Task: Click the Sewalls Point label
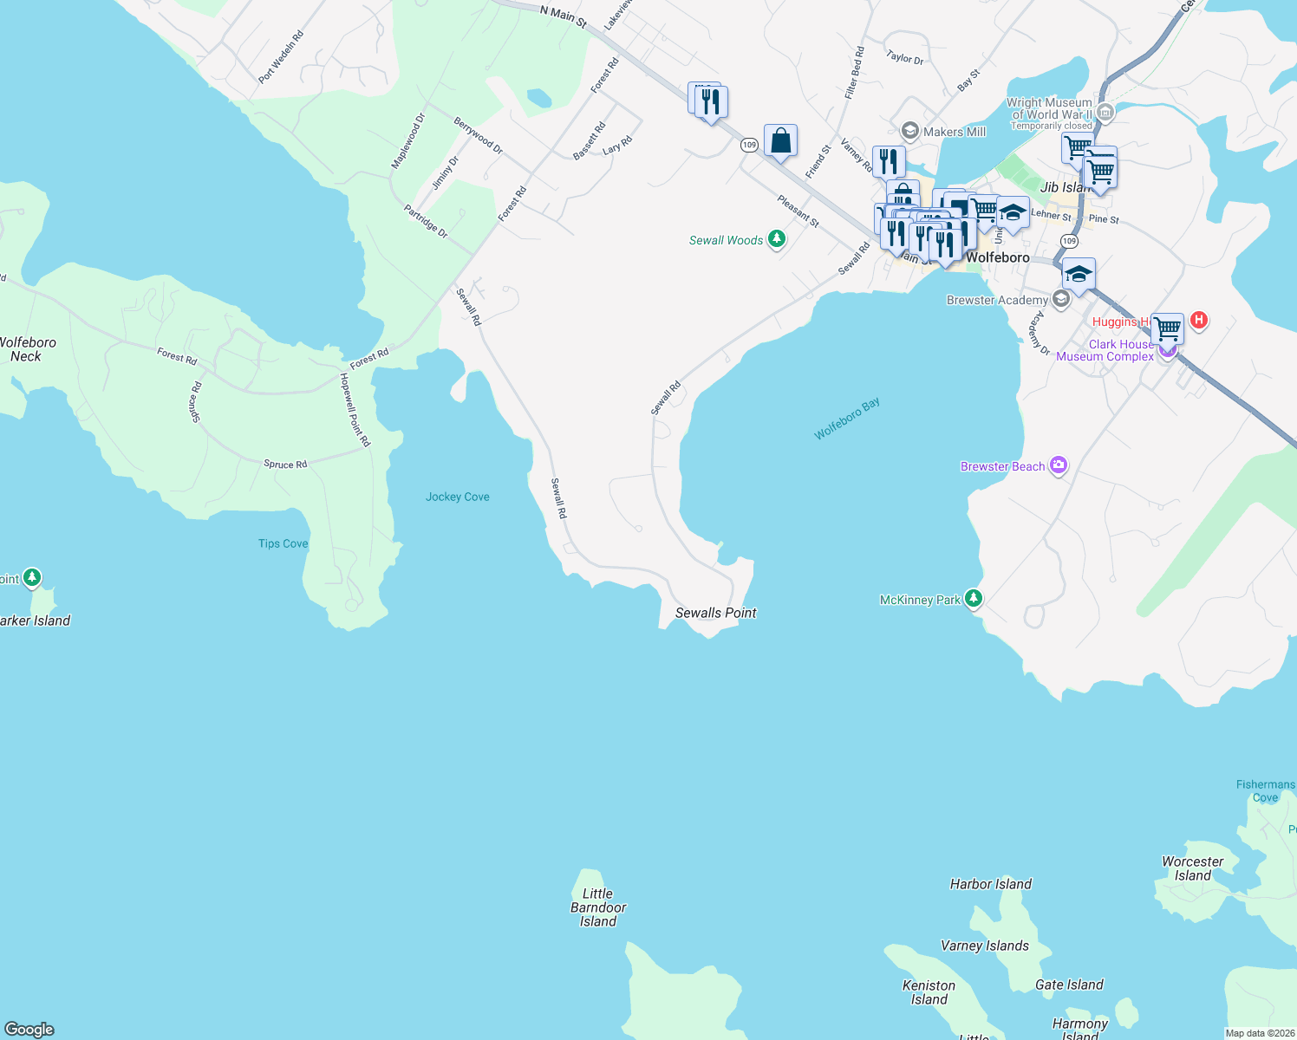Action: pos(715,613)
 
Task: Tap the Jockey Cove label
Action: pos(457,497)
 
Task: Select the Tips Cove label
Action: pos(283,543)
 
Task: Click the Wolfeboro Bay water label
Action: pos(847,419)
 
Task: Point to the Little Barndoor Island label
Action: pos(598,907)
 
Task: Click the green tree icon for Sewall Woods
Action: pos(777,239)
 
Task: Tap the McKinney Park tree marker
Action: pos(974,598)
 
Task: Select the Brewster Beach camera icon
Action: pos(1058,465)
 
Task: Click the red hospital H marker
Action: pos(1199,321)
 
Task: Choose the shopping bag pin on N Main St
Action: pos(780,140)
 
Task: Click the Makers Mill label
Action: pos(954,132)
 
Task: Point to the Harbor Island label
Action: pos(991,884)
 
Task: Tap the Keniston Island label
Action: pos(929,992)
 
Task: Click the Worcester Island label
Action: pos(1192,868)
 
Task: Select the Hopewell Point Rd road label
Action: pos(355,410)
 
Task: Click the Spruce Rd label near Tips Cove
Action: pos(285,465)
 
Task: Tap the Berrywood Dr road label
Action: pos(479,136)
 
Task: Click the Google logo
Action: pos(29,1030)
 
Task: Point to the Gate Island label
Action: pos(1069,985)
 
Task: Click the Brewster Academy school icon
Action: pos(1060,300)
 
